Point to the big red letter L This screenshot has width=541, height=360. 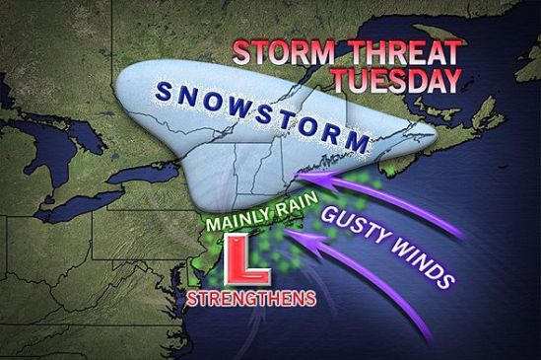coord(238,258)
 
